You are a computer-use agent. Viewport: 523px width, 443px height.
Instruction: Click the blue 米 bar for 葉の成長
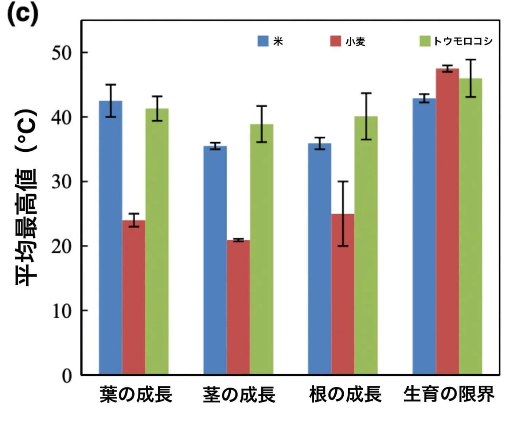pos(110,237)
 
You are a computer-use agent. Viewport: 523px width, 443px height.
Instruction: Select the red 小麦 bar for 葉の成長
pos(134,297)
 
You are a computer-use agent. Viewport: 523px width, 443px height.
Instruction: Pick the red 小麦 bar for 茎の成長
pos(238,307)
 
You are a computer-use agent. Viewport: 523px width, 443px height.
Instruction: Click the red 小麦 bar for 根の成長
pos(343,294)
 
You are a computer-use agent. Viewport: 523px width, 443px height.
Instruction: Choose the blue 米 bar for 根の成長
pos(319,259)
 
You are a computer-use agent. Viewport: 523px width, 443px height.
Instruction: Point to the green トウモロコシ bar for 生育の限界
pos(470,226)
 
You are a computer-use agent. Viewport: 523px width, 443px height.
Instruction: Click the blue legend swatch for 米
pos(263,41)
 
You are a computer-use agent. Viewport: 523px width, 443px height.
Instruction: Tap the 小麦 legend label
pos(355,42)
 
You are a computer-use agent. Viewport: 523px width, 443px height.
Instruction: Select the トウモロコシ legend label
pos(463,41)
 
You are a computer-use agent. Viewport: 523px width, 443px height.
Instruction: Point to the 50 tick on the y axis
pos(62,53)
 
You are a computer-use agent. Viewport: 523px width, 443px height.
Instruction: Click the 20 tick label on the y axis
pos(62,246)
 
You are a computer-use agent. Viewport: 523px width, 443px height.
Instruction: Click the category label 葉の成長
pos(136,394)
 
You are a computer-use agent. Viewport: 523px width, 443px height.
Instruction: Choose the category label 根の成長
pos(345,394)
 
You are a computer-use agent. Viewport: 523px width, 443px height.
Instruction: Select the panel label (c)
pos(23,15)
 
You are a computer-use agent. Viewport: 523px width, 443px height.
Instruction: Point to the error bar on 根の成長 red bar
pos(343,213)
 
